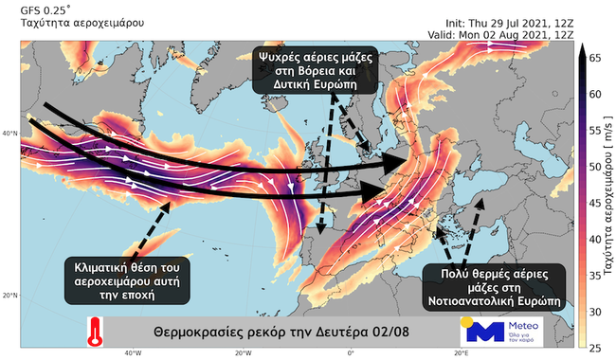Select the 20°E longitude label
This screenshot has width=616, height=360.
(x=461, y=354)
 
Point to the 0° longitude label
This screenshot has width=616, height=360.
(x=351, y=354)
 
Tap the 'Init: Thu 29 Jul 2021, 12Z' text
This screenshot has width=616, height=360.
(x=509, y=22)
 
